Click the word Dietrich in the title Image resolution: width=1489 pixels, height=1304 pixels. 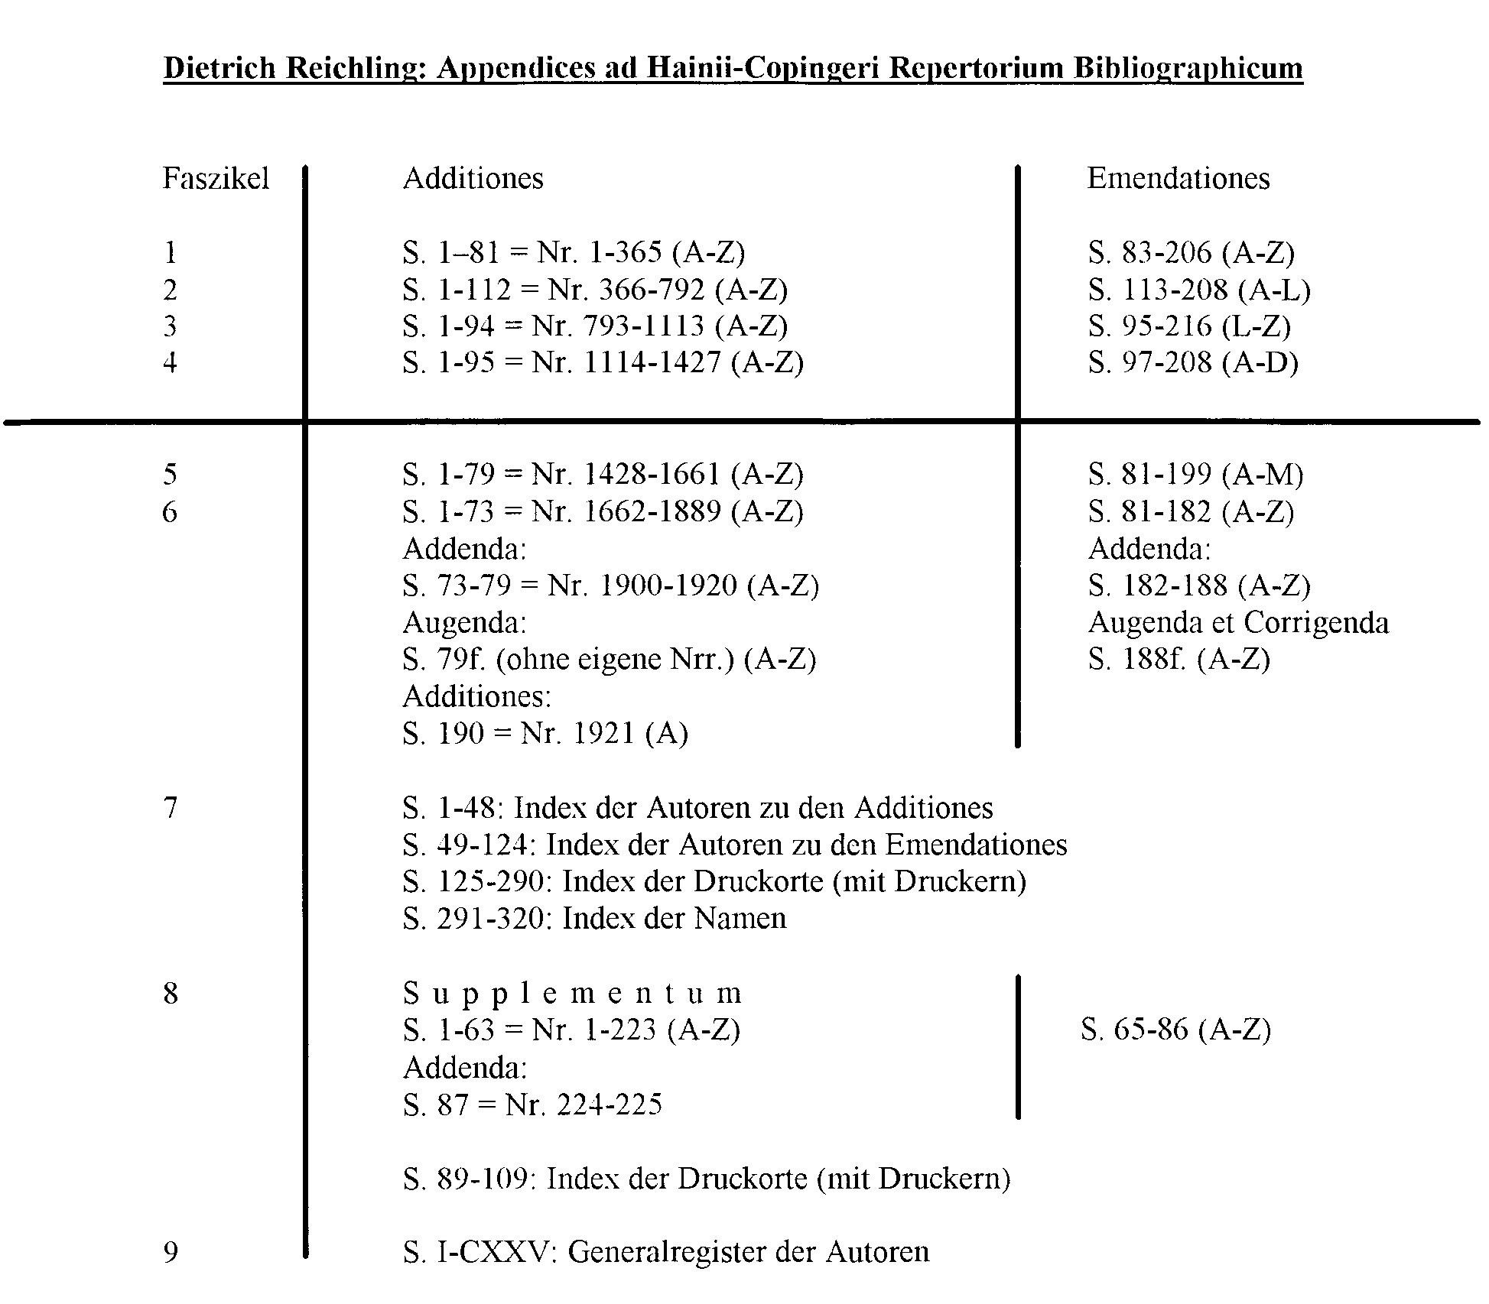coord(219,68)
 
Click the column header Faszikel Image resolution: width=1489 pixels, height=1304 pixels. coord(216,179)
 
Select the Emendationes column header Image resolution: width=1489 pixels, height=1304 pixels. coord(1178,179)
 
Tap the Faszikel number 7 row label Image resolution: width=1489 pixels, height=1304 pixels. coord(171,808)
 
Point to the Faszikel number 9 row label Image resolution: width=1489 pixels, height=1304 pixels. coord(171,1252)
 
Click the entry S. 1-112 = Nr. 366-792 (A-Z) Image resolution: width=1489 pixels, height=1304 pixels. coord(595,290)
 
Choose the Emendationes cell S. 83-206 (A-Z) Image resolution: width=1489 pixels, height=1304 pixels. coord(1191,253)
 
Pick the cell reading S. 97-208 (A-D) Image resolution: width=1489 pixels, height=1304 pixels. coord(1193,362)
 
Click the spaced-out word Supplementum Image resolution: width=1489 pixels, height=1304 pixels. coord(572,994)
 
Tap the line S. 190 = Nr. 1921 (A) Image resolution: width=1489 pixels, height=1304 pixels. coord(545,734)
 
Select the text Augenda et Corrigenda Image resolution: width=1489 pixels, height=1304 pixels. coord(1238,623)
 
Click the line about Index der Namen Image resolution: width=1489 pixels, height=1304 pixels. coord(594,918)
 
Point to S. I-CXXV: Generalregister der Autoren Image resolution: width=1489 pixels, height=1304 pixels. coord(665,1252)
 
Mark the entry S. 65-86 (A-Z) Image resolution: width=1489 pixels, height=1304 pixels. coord(1175,1030)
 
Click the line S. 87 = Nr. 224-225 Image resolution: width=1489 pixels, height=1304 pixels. coord(532,1105)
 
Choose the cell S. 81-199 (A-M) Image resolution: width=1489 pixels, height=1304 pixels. coord(1195,475)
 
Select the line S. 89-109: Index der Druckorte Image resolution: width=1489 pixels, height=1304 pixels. coord(707,1179)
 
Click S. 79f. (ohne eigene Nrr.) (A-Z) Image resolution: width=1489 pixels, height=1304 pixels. coord(610,659)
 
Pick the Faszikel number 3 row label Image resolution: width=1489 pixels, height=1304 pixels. coord(170,326)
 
